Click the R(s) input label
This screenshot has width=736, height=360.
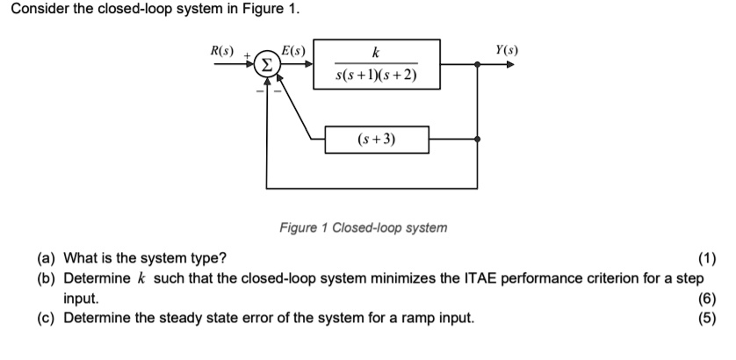tap(215, 49)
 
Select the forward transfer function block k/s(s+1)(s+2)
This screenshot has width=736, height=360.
tap(376, 64)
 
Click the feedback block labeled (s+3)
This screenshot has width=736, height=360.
tap(376, 139)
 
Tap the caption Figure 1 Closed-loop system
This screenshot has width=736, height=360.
tap(363, 227)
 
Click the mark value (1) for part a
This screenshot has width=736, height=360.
tap(707, 258)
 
